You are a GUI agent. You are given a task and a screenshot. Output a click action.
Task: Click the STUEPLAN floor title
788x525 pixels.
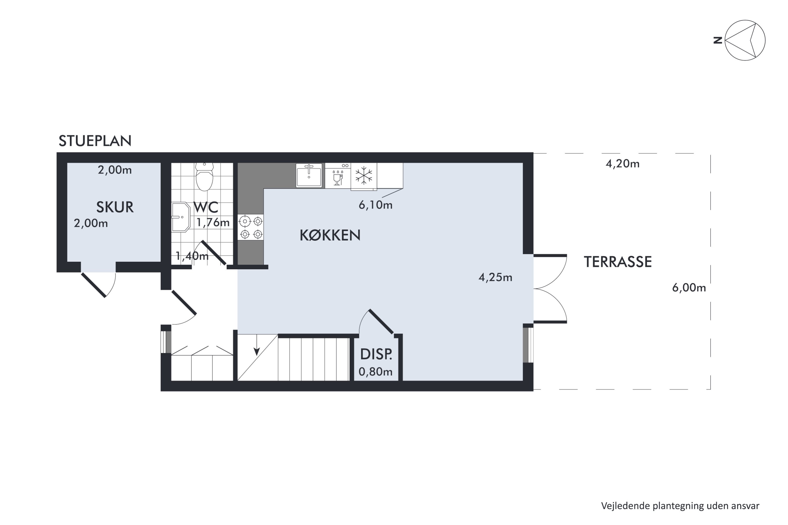pos(95,141)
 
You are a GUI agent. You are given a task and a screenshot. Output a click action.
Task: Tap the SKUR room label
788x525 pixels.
pos(115,207)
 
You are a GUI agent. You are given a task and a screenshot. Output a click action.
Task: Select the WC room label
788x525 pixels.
pos(206,207)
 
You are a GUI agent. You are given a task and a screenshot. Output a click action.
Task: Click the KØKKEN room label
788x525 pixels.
pos(330,235)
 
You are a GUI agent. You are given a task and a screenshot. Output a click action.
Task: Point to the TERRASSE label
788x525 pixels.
pos(618,262)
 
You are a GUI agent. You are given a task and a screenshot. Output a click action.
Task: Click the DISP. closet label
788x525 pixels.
pos(376,354)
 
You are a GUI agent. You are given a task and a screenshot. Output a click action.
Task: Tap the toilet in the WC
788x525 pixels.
pos(204,176)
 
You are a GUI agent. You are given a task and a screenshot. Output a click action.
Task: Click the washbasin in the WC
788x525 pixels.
pos(181,217)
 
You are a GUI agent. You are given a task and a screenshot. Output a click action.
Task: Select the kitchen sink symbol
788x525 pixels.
pos(309,175)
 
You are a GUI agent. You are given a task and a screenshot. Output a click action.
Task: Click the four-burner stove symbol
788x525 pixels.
pos(251,227)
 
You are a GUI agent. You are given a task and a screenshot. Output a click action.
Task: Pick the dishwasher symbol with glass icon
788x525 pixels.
pos(338,177)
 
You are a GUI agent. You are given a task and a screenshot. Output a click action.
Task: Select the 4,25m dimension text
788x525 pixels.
pos(495,277)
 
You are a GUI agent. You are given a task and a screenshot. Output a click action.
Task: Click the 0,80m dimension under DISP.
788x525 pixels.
pos(376,372)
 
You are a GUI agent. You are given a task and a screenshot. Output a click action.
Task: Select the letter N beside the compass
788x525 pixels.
pos(718,40)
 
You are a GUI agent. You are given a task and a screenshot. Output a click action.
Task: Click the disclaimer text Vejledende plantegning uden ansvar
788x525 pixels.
pos(680,506)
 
